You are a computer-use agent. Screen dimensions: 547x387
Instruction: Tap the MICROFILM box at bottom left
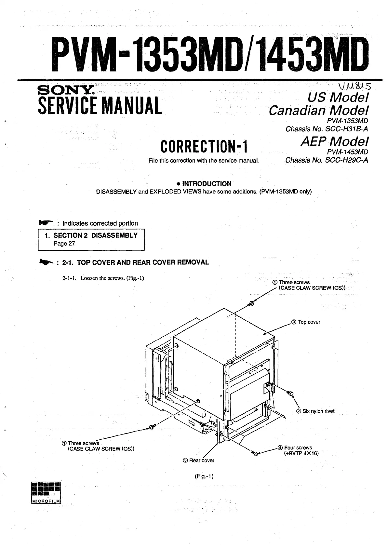(x=46, y=493)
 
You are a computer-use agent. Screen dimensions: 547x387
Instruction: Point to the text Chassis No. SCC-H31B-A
(x=327, y=129)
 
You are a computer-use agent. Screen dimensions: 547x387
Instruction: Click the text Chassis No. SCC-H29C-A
(x=327, y=160)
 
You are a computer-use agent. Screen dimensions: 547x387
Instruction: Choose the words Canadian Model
(x=318, y=110)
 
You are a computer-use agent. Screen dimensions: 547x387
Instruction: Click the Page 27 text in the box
(x=64, y=244)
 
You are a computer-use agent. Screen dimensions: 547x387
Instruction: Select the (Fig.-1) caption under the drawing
(x=204, y=476)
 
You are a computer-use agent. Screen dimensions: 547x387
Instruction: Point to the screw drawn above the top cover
(x=251, y=304)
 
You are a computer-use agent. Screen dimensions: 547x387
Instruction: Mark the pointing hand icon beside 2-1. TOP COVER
(x=45, y=262)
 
